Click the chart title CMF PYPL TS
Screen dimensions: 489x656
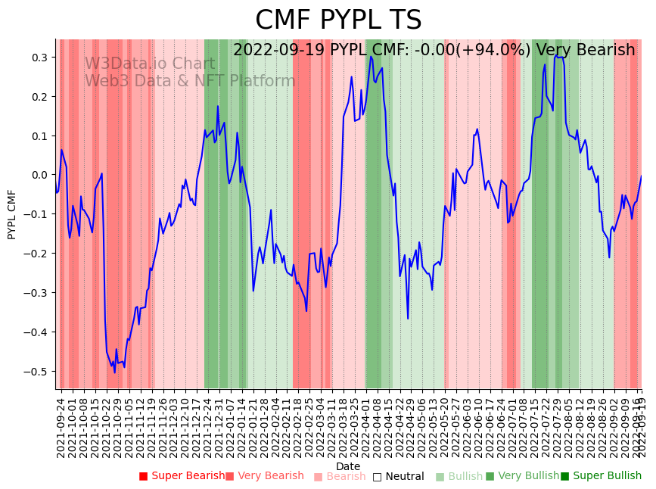[x=337, y=20]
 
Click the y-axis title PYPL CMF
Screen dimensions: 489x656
[x=11, y=214]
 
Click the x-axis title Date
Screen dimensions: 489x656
[x=348, y=466]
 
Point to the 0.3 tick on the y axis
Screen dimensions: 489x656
[x=38, y=58]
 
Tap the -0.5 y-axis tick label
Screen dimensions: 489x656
[x=36, y=371]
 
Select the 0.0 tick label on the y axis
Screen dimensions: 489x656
[x=38, y=175]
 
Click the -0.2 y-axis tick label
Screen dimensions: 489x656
[x=36, y=254]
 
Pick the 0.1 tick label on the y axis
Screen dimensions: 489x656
[x=38, y=136]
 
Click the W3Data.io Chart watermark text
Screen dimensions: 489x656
[x=150, y=64]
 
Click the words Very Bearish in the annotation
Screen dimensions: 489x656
[x=585, y=50]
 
